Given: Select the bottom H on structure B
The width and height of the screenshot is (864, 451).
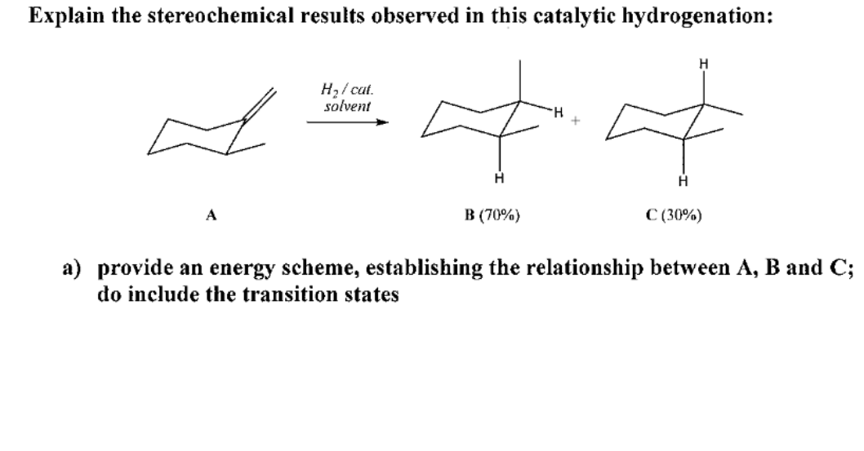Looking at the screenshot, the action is point(499,179).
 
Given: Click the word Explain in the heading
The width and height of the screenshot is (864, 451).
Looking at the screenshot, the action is point(63,18).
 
